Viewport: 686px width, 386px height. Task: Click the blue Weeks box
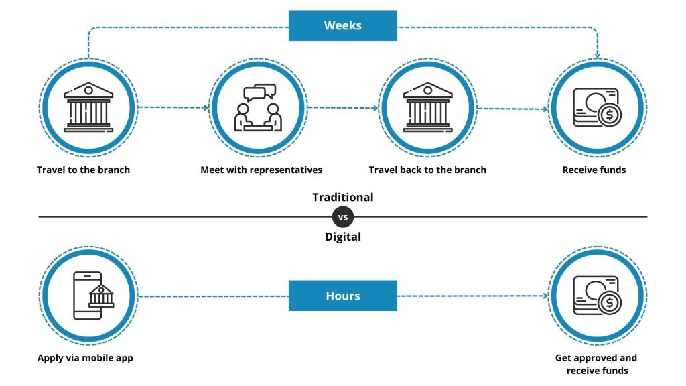coord(342,25)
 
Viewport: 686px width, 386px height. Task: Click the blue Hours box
coord(342,296)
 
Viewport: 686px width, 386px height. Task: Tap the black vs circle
coord(342,216)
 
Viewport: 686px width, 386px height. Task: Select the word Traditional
coord(342,198)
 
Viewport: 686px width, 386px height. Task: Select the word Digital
coord(342,237)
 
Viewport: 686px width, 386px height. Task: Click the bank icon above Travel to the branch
coord(88,107)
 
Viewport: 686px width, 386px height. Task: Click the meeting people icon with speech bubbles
coord(258,108)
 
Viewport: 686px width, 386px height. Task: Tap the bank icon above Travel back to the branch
coord(428,107)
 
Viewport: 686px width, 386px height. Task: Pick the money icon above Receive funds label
coord(597,108)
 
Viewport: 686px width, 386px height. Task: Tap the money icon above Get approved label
coord(597,296)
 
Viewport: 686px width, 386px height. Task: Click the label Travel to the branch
coord(83,170)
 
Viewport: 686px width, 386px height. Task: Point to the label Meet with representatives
coord(261,170)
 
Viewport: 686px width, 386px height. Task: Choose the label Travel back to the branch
coord(427,170)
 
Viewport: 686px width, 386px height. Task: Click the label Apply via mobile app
coord(85,358)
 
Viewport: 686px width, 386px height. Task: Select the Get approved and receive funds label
coord(596,364)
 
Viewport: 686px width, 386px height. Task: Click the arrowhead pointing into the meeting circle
coord(206,107)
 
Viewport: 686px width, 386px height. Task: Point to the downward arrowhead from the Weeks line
coord(597,55)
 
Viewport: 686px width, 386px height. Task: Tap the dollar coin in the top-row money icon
coord(610,115)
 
